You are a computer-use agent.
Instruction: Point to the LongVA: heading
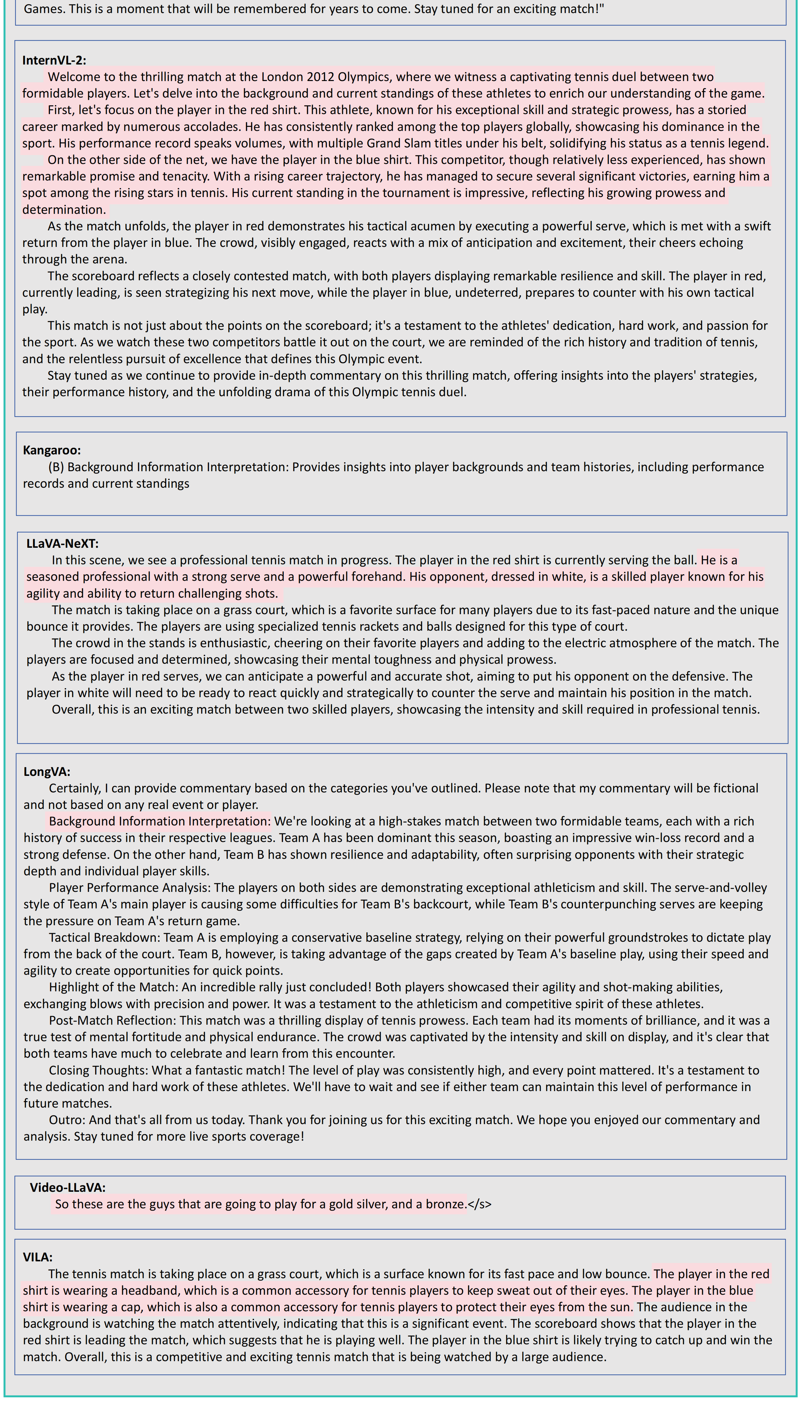click(x=47, y=772)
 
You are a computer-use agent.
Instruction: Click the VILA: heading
click(x=37, y=1257)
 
